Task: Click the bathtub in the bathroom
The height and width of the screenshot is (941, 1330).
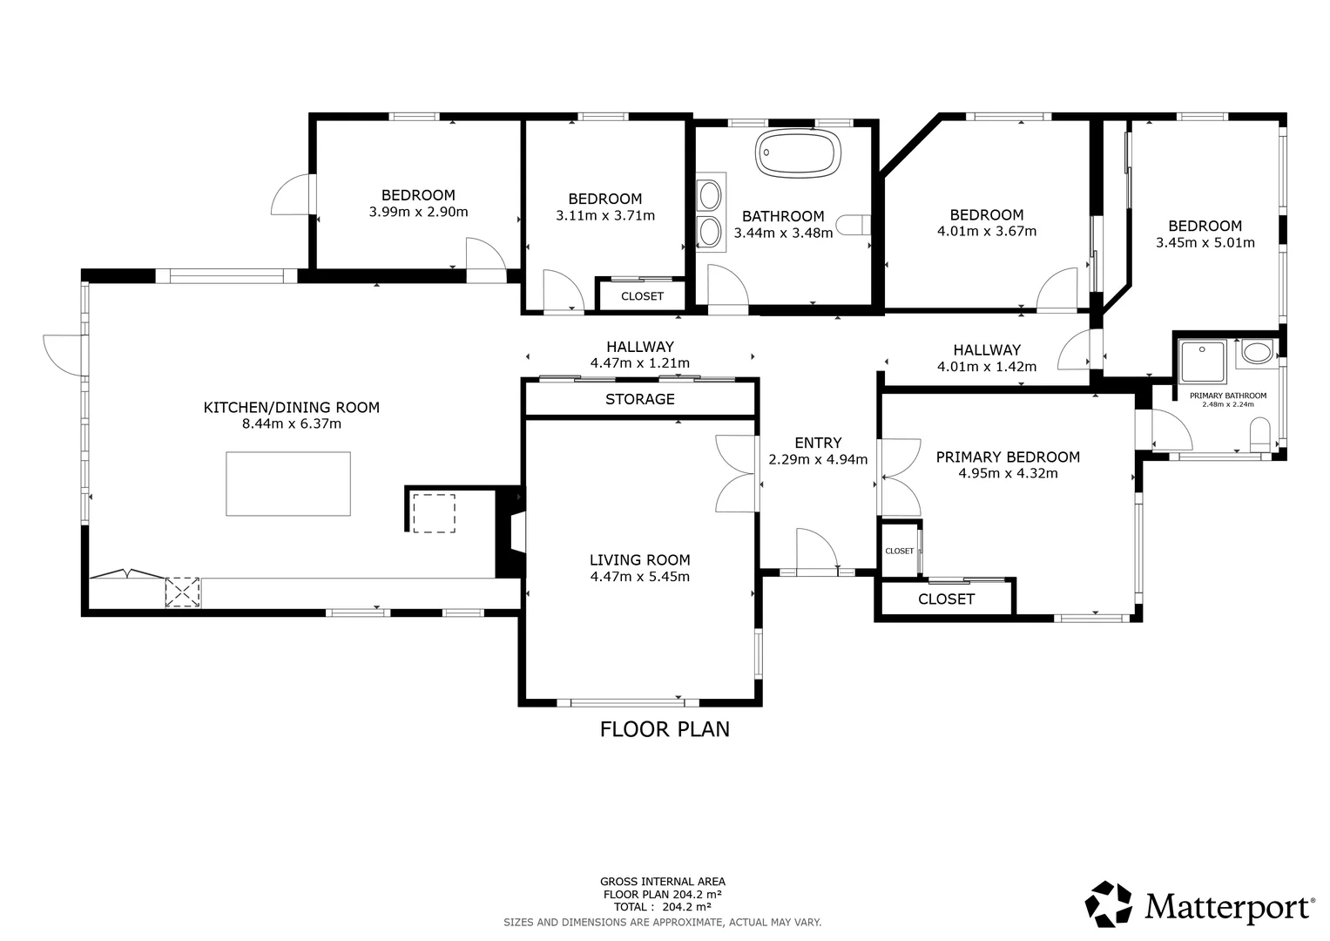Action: [x=798, y=152]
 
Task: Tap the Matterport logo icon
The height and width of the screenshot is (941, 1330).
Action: [x=1108, y=904]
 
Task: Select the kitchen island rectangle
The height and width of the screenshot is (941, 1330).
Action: [x=288, y=484]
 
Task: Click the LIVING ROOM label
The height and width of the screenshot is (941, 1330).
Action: [x=639, y=559]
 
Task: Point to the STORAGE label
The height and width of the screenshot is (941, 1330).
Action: [x=639, y=399]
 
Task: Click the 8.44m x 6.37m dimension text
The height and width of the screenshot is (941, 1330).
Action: [x=292, y=423]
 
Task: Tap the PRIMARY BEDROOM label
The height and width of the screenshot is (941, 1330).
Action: [x=1008, y=457]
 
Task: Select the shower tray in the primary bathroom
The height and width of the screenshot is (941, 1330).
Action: [x=1202, y=362]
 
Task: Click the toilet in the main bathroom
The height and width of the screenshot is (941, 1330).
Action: [x=853, y=225]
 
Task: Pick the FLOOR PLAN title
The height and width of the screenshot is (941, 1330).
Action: [x=665, y=729]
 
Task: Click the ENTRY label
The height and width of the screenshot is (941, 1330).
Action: [x=818, y=443]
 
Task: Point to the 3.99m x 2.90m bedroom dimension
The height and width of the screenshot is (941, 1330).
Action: [x=418, y=212]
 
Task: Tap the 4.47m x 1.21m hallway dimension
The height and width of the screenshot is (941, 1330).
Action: [x=639, y=362]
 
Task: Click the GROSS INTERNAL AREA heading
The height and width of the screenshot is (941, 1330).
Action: [x=663, y=882]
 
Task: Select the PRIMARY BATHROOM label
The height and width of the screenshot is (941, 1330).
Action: [x=1228, y=396]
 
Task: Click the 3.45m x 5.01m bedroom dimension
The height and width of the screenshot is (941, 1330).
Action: [x=1205, y=242]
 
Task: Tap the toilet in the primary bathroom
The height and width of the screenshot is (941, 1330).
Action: [x=1259, y=435]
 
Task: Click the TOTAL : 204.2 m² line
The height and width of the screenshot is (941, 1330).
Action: [x=663, y=907]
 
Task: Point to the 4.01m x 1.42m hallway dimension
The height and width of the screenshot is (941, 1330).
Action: [x=986, y=367]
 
